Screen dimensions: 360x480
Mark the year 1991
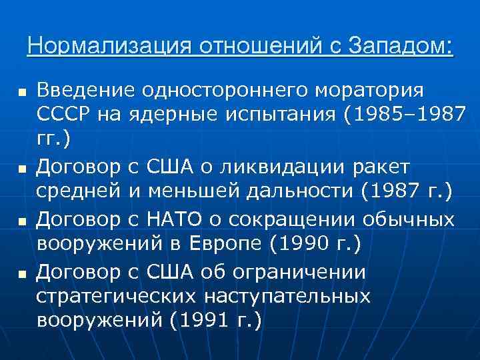tap(204, 320)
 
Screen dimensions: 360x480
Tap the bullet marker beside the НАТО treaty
tap(22, 219)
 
